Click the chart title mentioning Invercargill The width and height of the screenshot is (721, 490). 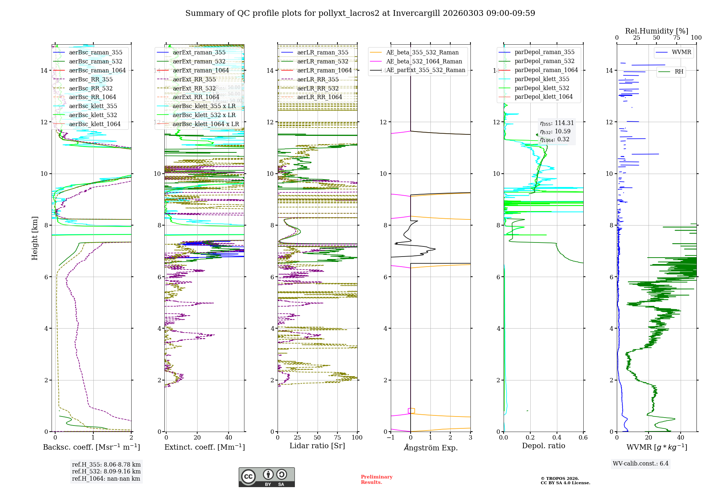360,13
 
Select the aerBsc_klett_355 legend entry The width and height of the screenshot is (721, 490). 93,106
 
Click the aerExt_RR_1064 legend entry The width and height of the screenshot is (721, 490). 196,97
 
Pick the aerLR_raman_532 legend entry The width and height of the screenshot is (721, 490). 322,61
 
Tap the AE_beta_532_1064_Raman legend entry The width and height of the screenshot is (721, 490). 424,61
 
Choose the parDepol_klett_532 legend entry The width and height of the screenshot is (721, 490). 541,88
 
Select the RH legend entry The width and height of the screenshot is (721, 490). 678,72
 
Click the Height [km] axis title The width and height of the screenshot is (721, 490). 35,238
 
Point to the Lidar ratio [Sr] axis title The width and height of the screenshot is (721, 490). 317,446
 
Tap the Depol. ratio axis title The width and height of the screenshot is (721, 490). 543,446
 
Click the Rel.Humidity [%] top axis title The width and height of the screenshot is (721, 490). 656,31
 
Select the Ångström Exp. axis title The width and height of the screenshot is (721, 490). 430,447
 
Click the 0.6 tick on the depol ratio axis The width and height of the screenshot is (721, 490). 583,438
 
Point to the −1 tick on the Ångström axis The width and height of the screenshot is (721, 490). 390,438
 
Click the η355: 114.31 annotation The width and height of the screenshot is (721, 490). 557,123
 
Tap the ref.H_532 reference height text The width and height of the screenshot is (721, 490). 106,471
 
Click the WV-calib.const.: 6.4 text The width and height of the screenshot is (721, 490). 641,463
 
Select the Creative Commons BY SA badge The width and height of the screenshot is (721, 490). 266,477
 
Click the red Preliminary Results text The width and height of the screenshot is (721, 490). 376,480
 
